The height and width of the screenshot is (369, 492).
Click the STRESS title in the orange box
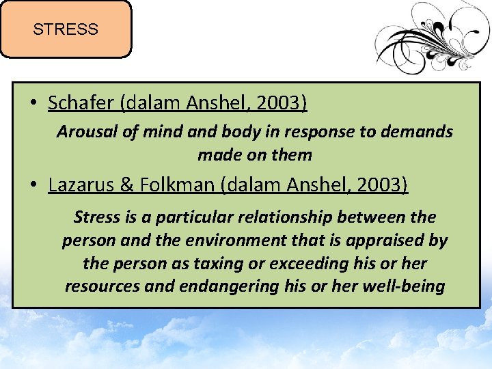tap(66, 29)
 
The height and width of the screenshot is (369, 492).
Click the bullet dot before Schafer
tap(33, 105)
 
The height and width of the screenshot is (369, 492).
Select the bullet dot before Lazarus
tap(33, 186)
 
